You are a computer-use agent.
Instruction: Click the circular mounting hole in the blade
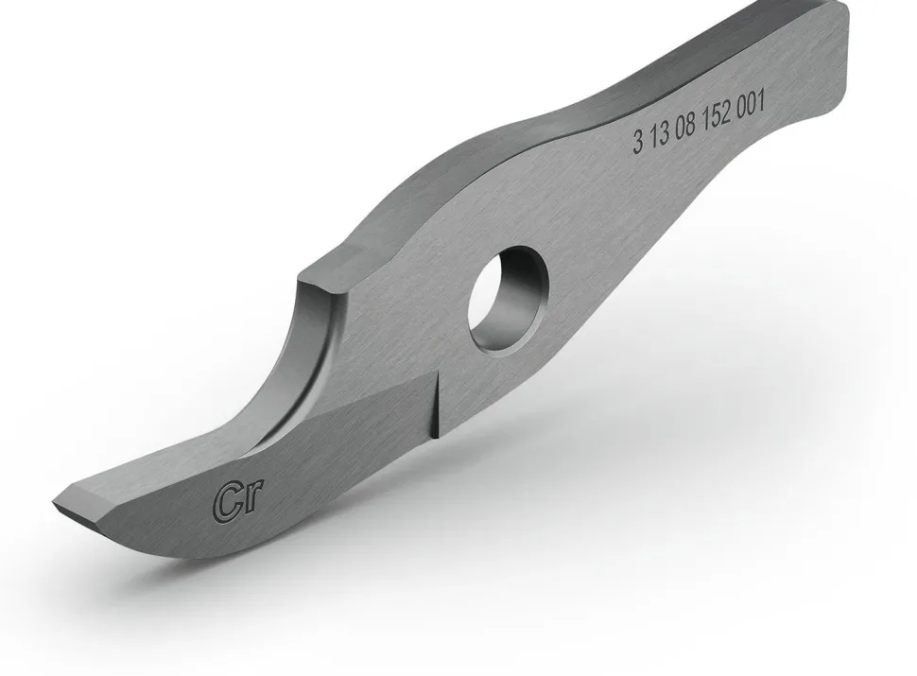click(509, 299)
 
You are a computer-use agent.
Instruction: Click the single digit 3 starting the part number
click(638, 145)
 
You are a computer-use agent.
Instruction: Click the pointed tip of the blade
click(56, 498)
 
